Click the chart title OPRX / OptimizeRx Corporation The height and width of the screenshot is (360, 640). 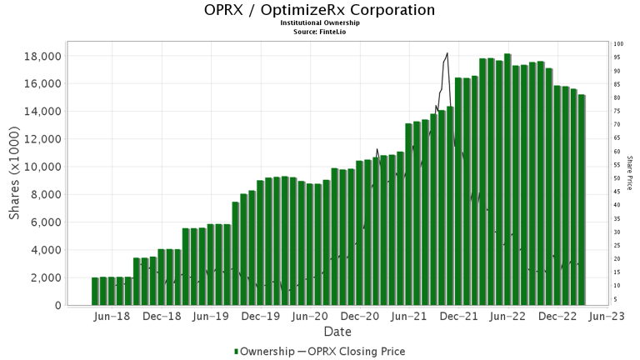click(319, 11)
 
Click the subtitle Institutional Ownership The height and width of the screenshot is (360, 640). click(319, 23)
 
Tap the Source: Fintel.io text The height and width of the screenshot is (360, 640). click(319, 32)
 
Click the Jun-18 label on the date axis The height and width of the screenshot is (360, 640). click(112, 317)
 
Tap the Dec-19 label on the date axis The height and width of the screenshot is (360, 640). click(261, 317)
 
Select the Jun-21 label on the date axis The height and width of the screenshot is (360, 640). click(409, 317)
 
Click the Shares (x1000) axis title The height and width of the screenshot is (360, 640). click(15, 174)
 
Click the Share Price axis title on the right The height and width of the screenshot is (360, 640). click(630, 172)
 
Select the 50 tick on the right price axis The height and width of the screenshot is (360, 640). click(617, 178)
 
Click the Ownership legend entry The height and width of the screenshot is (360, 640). click(262, 352)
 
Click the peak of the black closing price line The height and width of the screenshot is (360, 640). click(447, 53)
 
